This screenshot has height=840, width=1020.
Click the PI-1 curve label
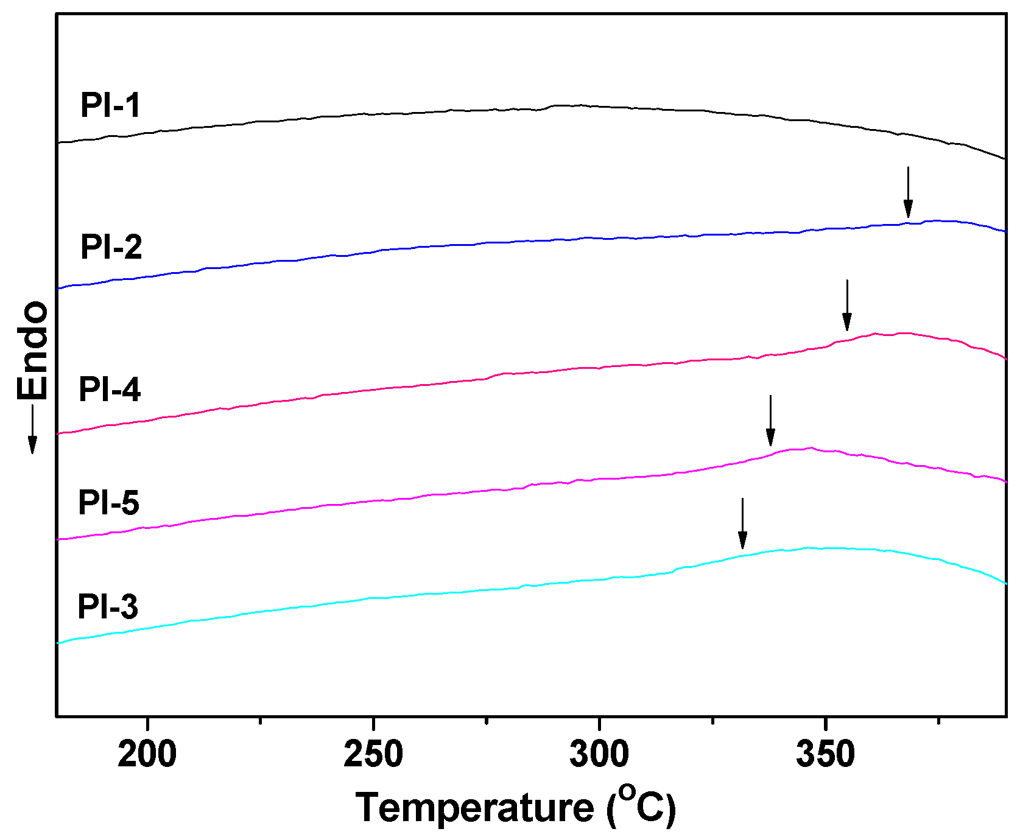(110, 105)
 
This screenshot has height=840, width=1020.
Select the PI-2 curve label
(111, 247)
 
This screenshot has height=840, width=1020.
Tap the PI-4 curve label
(110, 389)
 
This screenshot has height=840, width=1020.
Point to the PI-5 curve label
(108, 503)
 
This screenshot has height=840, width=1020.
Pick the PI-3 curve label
(108, 607)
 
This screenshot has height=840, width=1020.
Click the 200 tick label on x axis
(147, 755)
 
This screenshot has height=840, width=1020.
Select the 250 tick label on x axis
(373, 755)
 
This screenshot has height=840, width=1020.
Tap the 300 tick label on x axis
(599, 755)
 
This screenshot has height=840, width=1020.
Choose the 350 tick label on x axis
(825, 755)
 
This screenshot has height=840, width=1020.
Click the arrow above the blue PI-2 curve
(908, 192)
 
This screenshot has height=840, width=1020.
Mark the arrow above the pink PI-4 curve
(846, 306)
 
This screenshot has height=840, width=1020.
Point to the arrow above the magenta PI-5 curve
(770, 420)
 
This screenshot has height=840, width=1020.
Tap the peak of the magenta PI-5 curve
(810, 448)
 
